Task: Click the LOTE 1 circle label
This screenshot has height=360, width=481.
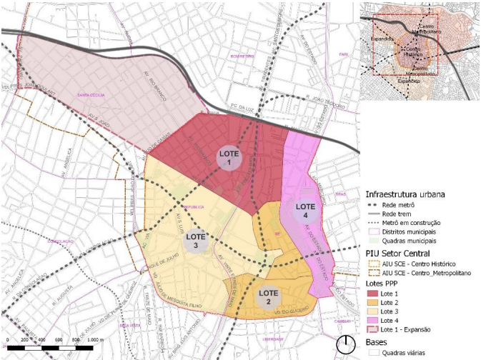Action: (229, 158)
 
